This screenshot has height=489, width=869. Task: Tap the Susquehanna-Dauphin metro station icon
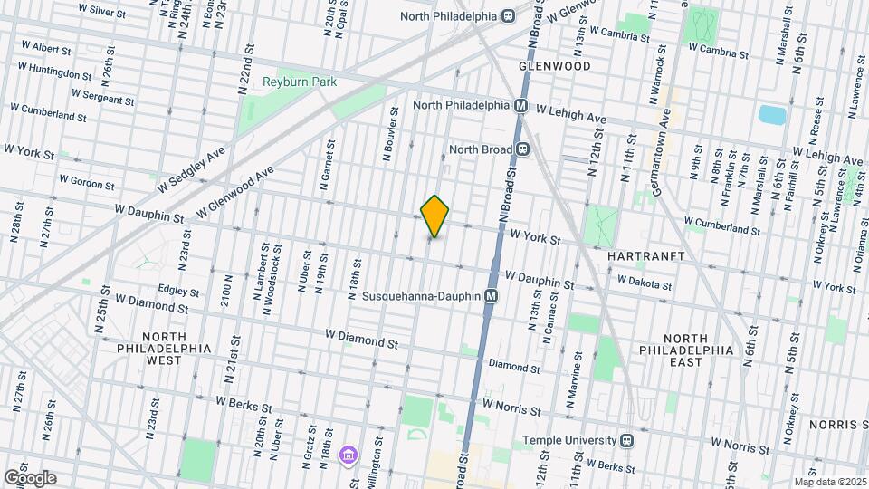tap(492, 296)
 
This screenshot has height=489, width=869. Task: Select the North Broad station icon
tap(522, 149)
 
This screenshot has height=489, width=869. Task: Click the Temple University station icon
tap(625, 441)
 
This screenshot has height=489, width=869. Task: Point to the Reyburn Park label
tap(299, 81)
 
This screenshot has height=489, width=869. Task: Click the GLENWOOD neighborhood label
tap(554, 66)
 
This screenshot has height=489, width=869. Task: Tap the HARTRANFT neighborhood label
tap(642, 256)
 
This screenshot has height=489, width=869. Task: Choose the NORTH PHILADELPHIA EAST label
tap(684, 356)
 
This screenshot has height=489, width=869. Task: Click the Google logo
tap(29, 478)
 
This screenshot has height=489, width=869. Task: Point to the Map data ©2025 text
tap(830, 482)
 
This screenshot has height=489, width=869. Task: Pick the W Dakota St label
tap(645, 283)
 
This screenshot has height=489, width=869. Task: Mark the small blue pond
tap(772, 115)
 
